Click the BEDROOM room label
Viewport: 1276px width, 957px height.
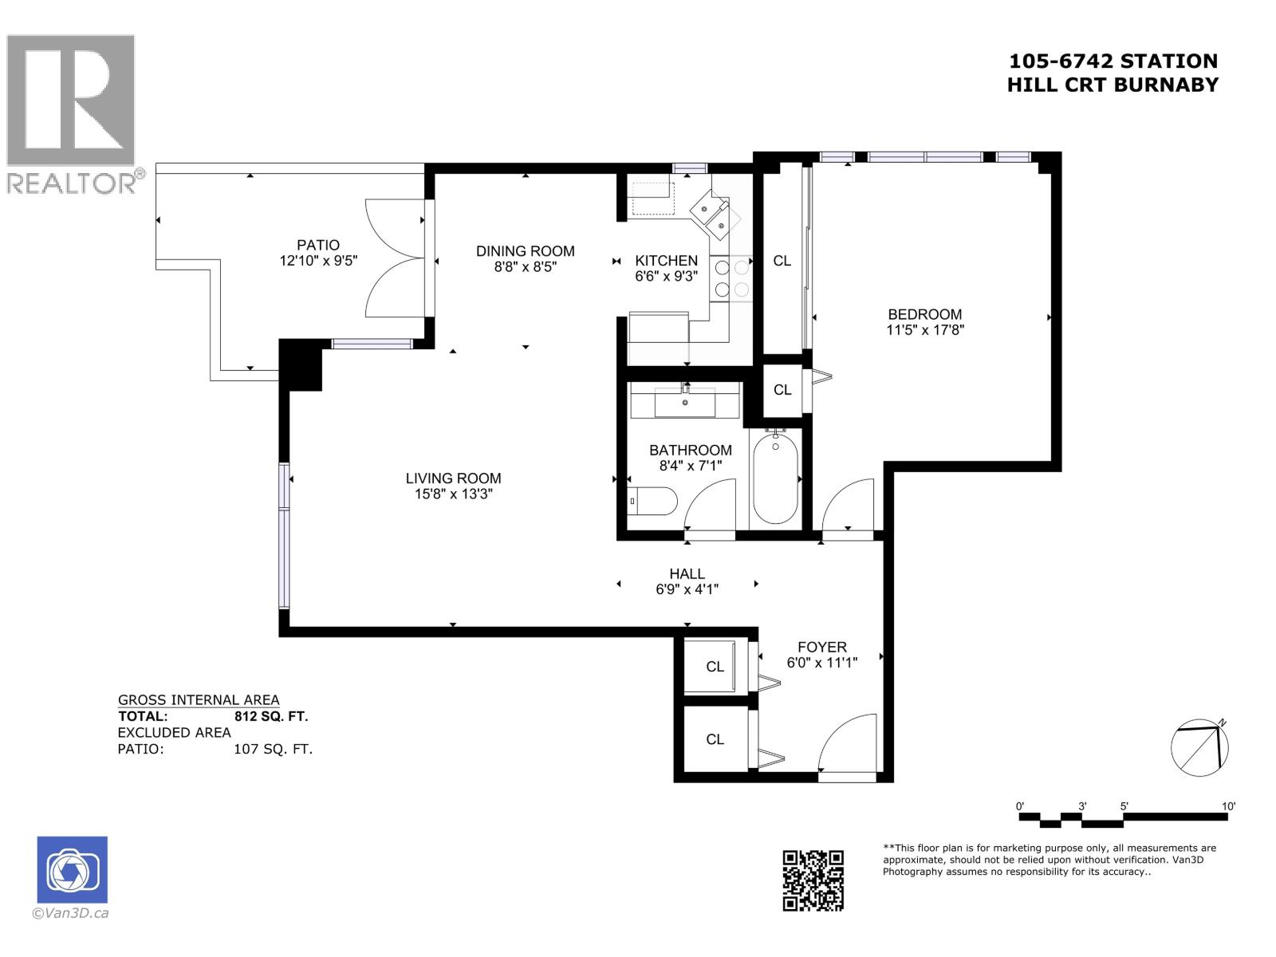[924, 314]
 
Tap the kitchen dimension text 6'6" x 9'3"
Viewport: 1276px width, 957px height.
[666, 276]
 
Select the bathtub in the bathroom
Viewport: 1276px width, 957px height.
[775, 477]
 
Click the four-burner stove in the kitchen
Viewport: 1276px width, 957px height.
[731, 278]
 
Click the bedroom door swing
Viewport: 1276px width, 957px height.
[847, 504]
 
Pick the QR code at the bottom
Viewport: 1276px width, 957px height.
[813, 880]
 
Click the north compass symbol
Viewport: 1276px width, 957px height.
[1199, 748]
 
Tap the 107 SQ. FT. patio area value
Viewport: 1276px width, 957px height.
[273, 749]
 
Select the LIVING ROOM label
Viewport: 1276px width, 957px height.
[453, 478]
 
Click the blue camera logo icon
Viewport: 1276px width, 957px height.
[73, 869]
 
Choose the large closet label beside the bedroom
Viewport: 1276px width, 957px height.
[782, 261]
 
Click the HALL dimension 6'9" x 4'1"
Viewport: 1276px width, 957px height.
[687, 589]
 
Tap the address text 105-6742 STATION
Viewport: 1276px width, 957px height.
[1113, 61]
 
